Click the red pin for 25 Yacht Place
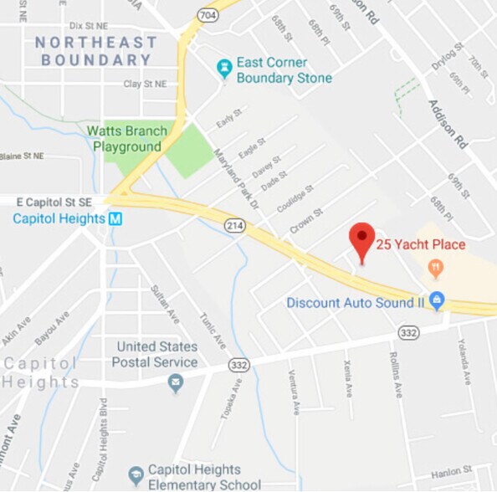pyautogui.click(x=361, y=240)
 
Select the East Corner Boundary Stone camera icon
pyautogui.click(x=224, y=69)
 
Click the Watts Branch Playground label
pyautogui.click(x=127, y=139)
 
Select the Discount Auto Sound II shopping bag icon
pyautogui.click(x=436, y=300)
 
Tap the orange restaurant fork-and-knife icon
pyautogui.click(x=435, y=269)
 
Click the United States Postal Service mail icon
pyautogui.click(x=175, y=383)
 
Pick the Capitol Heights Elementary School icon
pyautogui.click(x=136, y=476)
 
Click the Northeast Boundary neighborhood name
pyautogui.click(x=96, y=51)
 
